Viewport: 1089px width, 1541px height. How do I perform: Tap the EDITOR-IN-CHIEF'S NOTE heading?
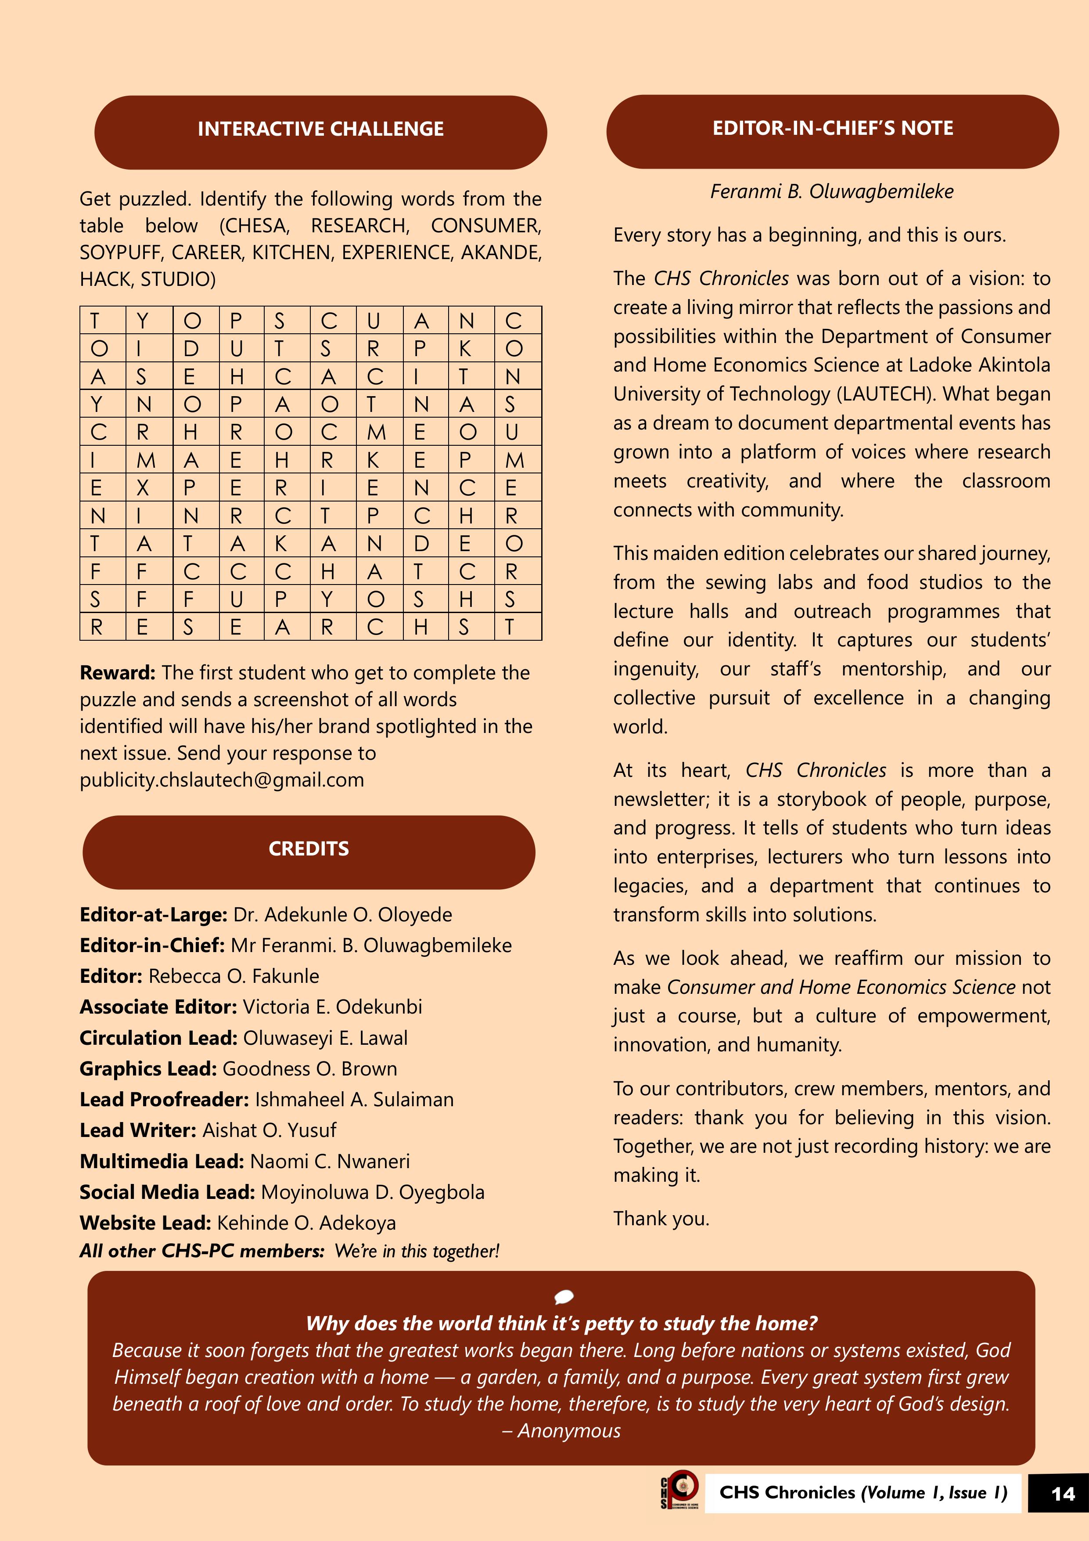pyautogui.click(x=832, y=128)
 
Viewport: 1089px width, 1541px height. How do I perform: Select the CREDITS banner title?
pyautogui.click(x=309, y=848)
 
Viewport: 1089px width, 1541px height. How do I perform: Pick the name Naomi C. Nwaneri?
pyautogui.click(x=330, y=1161)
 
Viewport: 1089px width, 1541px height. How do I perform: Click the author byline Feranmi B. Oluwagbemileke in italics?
pyautogui.click(x=832, y=191)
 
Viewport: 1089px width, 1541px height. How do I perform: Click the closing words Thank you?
pyautogui.click(x=661, y=1218)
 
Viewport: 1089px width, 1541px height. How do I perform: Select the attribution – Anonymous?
pyautogui.click(x=561, y=1430)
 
